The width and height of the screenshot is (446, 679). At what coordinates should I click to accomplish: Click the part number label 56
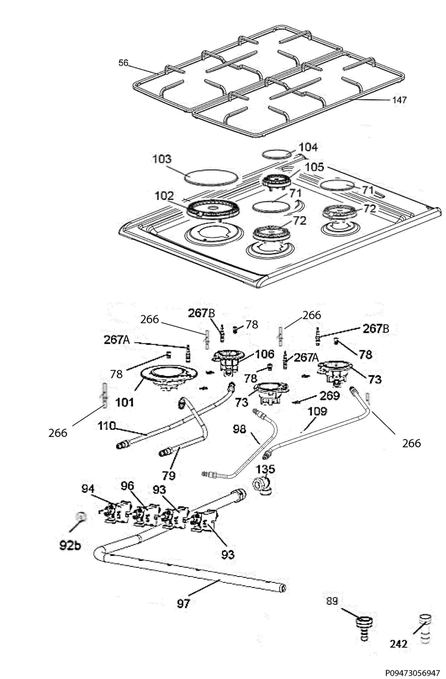click(124, 63)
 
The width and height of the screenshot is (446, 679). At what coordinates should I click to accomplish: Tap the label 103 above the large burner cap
click(162, 159)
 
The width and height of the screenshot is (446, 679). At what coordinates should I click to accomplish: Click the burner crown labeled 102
click(213, 210)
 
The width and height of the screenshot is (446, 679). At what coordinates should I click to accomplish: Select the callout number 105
click(314, 167)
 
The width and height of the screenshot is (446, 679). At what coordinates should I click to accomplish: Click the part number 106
click(264, 354)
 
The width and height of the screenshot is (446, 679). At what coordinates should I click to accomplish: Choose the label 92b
click(70, 545)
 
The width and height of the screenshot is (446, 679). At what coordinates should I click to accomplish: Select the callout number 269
click(330, 396)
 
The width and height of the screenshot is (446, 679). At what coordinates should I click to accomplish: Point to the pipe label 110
click(107, 426)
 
